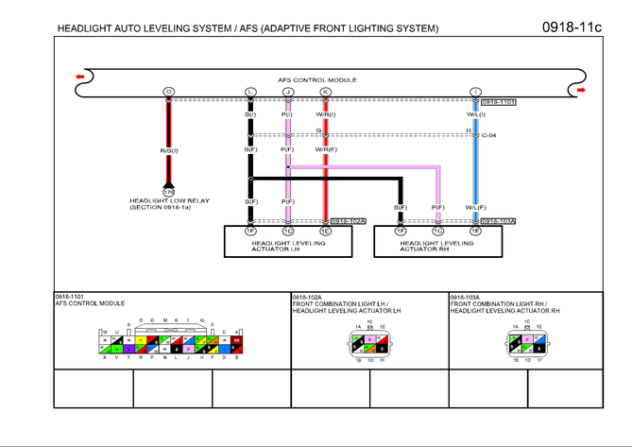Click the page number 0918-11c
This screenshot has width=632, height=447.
pos(571,26)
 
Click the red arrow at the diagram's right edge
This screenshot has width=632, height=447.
pos(581,91)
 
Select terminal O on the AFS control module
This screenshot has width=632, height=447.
pos(168,92)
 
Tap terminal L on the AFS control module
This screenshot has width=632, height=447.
pos(250,92)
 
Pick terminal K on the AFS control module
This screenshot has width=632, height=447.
pos(325,92)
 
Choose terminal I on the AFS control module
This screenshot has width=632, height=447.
pos(475,92)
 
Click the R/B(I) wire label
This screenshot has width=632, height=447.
pos(169,150)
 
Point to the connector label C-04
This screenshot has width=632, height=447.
pos(489,135)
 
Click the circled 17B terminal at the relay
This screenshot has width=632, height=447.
pos(168,192)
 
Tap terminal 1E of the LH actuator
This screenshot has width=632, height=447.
pos(325,231)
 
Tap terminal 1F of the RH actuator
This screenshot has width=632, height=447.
pos(401,231)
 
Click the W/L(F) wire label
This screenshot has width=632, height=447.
pos(475,207)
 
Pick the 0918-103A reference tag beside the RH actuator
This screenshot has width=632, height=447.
pos(497,221)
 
